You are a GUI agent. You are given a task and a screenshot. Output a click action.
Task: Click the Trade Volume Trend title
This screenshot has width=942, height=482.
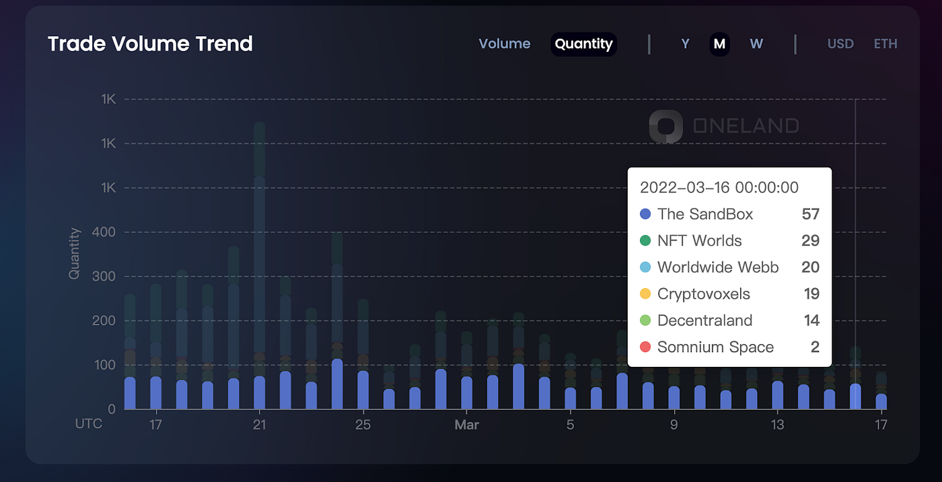150,44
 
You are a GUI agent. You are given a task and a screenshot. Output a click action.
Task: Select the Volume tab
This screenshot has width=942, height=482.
504,44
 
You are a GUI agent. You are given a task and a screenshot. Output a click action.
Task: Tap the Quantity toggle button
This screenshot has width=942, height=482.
583,44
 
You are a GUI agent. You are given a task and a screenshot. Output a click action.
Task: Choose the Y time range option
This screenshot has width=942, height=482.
685,44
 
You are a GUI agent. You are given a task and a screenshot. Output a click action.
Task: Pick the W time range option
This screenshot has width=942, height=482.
756,44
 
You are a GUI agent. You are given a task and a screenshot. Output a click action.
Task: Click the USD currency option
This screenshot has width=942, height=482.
840,44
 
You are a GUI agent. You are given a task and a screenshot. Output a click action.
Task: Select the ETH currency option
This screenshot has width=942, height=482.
885,44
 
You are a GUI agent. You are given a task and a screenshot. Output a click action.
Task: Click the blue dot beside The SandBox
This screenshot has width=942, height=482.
645,214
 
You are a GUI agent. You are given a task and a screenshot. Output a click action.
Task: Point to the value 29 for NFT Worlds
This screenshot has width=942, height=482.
810,241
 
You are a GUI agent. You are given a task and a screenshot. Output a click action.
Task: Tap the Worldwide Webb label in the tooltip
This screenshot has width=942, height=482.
718,267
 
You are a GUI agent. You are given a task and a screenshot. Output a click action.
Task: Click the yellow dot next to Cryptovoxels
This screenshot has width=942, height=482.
645,294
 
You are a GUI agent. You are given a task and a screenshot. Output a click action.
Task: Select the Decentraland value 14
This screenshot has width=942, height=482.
811,320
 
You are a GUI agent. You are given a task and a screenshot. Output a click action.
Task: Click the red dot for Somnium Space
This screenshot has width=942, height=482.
645,347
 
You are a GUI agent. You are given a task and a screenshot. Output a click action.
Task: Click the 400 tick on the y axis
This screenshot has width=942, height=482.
106,232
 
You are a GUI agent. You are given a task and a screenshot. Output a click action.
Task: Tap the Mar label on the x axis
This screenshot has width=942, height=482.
466,425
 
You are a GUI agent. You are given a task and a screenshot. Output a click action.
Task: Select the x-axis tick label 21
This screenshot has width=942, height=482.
259,425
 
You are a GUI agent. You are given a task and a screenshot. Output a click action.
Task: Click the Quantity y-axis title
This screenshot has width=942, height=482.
74,254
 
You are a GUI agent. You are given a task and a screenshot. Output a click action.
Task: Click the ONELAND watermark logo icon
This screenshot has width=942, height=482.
665,127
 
